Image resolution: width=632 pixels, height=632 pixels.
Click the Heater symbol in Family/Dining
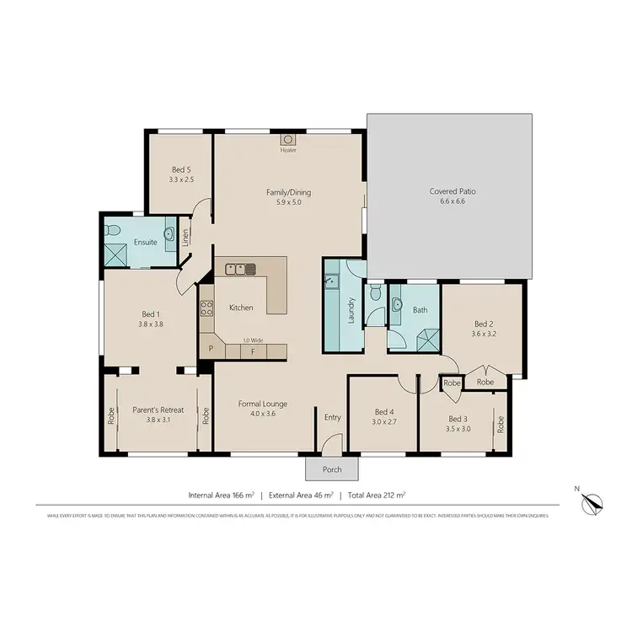click(x=288, y=139)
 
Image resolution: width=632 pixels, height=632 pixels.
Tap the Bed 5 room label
click(x=181, y=169)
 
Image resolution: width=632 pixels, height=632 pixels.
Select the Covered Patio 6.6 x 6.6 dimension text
click(x=452, y=201)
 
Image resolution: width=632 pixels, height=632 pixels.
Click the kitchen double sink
click(x=241, y=269)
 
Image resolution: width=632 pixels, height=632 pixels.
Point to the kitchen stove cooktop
click(x=205, y=308)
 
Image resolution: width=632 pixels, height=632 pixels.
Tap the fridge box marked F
click(x=252, y=350)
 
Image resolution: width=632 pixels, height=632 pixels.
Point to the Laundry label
click(x=352, y=311)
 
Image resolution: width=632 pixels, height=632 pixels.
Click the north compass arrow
click(x=595, y=503)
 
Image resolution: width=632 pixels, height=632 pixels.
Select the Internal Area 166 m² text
click(x=221, y=495)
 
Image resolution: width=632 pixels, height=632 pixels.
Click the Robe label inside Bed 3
click(x=500, y=425)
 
